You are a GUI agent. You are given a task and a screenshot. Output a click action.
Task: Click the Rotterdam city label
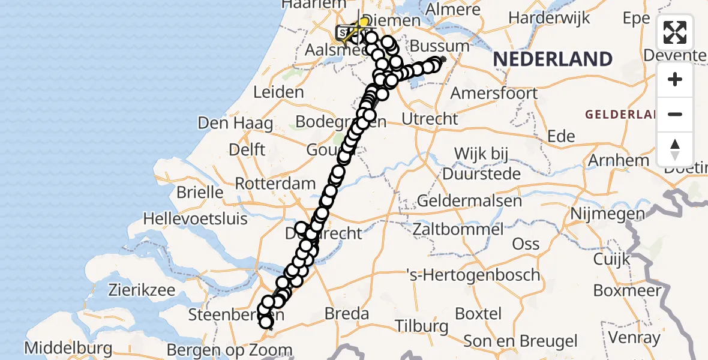click(275, 183)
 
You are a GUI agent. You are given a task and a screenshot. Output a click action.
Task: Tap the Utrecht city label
click(429, 119)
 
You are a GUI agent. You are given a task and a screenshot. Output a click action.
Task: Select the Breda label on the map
click(346, 313)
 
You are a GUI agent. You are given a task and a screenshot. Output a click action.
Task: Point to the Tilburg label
click(422, 326)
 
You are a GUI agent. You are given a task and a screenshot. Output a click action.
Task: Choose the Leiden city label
click(278, 92)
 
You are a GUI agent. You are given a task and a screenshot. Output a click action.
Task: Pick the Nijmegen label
click(607, 213)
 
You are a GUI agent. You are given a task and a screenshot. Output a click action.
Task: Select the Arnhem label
click(618, 160)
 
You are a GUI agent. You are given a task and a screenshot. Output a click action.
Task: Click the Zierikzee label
click(142, 290)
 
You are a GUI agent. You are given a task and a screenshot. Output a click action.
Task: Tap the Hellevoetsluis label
click(195, 218)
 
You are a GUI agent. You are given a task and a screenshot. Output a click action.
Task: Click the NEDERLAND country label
click(553, 59)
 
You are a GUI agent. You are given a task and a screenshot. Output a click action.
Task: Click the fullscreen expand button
click(675, 32)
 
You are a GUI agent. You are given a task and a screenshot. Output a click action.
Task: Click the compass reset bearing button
click(675, 149)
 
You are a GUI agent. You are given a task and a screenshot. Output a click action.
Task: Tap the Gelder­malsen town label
click(470, 200)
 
